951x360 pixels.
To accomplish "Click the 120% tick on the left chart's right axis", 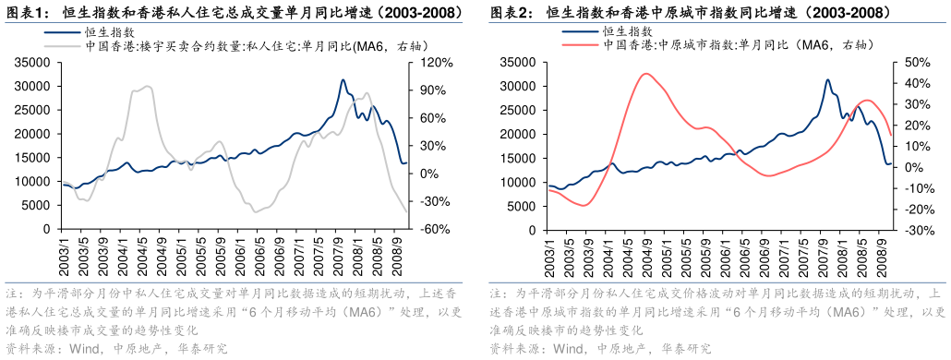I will [429, 63].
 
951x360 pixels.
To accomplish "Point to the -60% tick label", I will [429, 229].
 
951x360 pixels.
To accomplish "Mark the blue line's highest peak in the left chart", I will [343, 80].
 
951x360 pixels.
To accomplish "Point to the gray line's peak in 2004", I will [150, 87].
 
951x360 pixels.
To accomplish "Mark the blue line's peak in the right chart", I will [826, 80].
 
